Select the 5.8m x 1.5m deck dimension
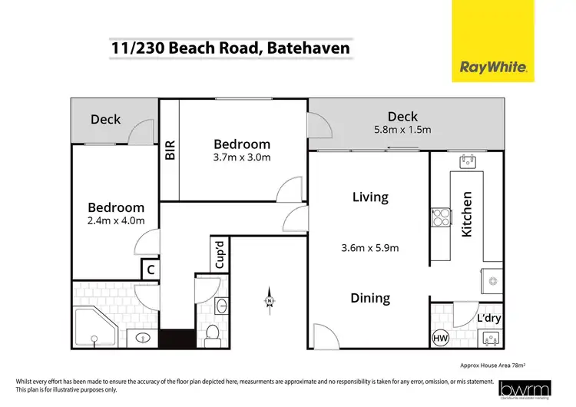tap(402, 130)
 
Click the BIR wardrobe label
tap(170, 148)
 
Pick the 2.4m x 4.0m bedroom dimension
tap(115, 221)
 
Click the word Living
tap(369, 197)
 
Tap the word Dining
tap(370, 298)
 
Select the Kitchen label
tap(466, 214)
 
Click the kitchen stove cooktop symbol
tap(441, 218)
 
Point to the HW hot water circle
tap(440, 336)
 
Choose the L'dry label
tap(488, 318)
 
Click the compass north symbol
tap(270, 299)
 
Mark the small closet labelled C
tap(151, 269)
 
